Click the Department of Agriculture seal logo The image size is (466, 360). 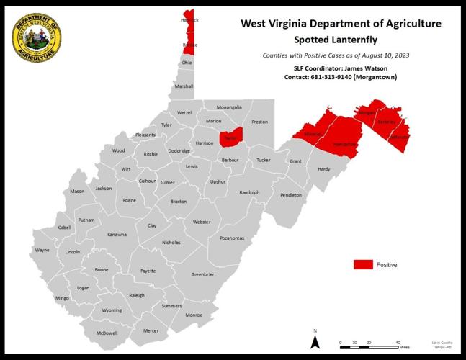click(x=36, y=40)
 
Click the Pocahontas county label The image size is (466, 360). click(x=232, y=238)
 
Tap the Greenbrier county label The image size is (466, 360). click(x=202, y=274)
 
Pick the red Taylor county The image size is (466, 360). click(x=230, y=137)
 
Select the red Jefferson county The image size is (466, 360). click(x=398, y=136)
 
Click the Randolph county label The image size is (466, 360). click(x=249, y=192)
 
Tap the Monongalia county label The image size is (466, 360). click(x=229, y=107)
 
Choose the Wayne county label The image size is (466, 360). click(x=42, y=251)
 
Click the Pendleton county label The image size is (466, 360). click(x=291, y=195)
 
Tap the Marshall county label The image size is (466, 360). click(x=184, y=86)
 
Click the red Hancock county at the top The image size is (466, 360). click(x=189, y=20)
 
